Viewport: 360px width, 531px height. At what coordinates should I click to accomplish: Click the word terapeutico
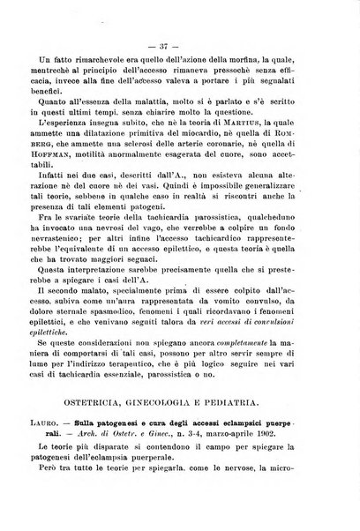pos(161,385)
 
